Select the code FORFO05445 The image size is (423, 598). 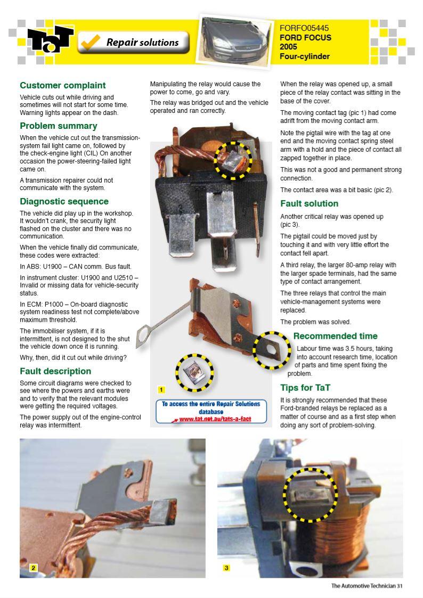pos(304,28)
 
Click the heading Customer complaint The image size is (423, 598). pos(62,85)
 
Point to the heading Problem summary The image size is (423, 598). pos(58,126)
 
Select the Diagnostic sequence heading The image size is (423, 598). pos(64,201)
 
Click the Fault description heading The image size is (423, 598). pos(55,371)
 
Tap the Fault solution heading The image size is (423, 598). pos(309,203)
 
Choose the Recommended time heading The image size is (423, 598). pos(335,336)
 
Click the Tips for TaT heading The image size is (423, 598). pos(305,388)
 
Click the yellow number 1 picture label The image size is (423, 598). pos(161,390)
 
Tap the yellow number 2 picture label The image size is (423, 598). pos(33,568)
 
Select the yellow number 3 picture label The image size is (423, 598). pos(226,568)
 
